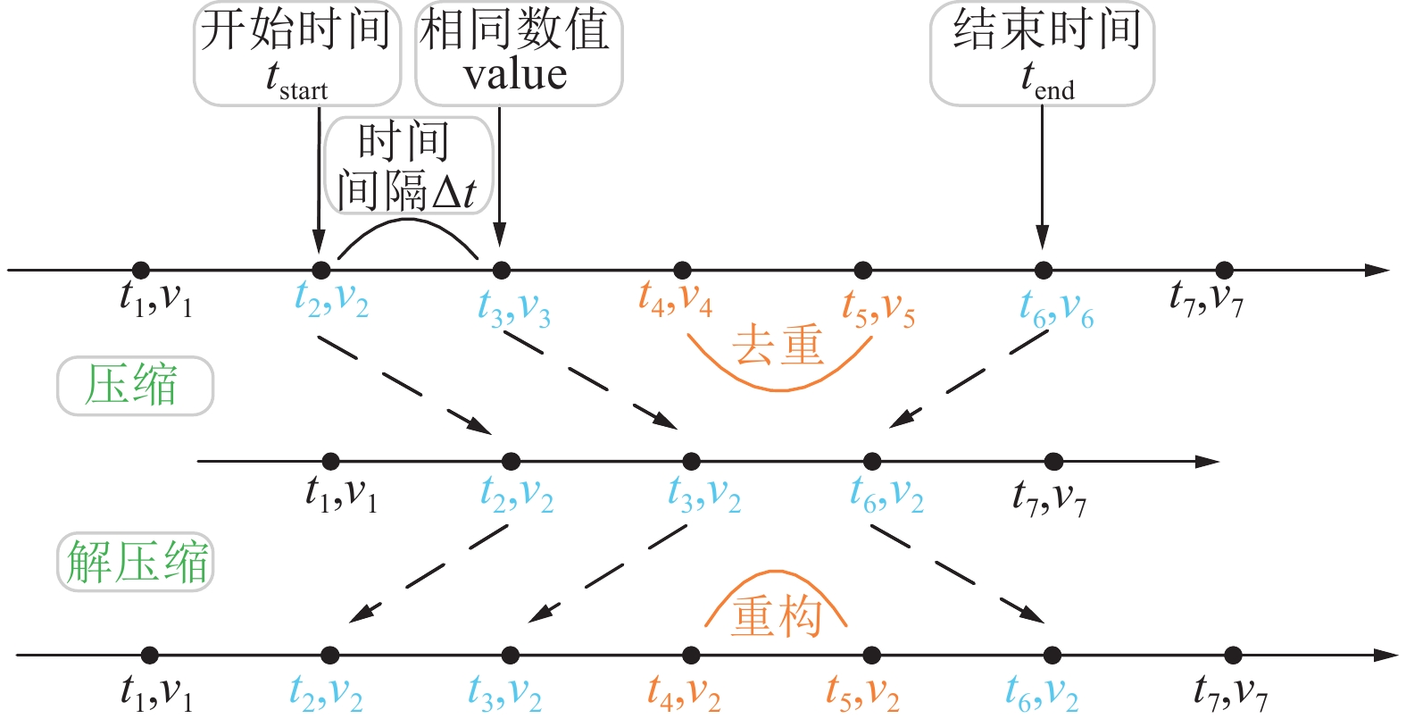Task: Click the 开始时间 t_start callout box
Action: point(297,54)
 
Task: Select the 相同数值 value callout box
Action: point(518,54)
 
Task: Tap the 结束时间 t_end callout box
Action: point(1042,54)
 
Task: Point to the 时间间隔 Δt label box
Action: point(408,167)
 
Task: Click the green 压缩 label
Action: point(135,386)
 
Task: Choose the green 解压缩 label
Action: point(136,562)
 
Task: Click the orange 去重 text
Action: point(778,346)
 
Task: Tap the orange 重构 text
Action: point(776,615)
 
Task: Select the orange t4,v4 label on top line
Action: point(675,298)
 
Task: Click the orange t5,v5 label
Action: point(878,307)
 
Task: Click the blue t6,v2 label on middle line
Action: point(886,494)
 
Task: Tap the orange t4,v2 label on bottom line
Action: point(684,692)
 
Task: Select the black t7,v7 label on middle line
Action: point(1049,497)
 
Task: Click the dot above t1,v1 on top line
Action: point(140,270)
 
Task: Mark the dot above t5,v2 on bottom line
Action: point(871,656)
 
